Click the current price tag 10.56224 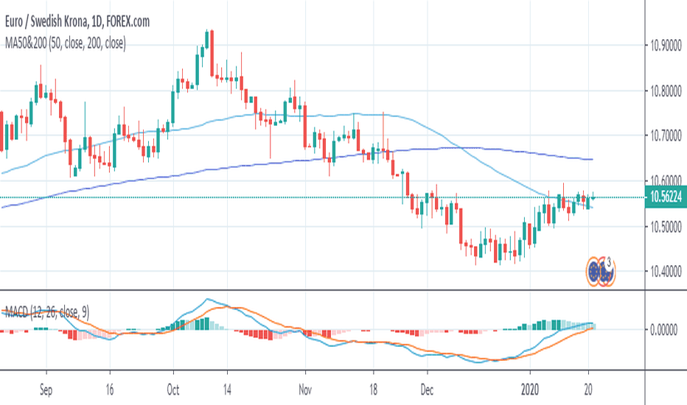664,197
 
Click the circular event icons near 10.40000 601,271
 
